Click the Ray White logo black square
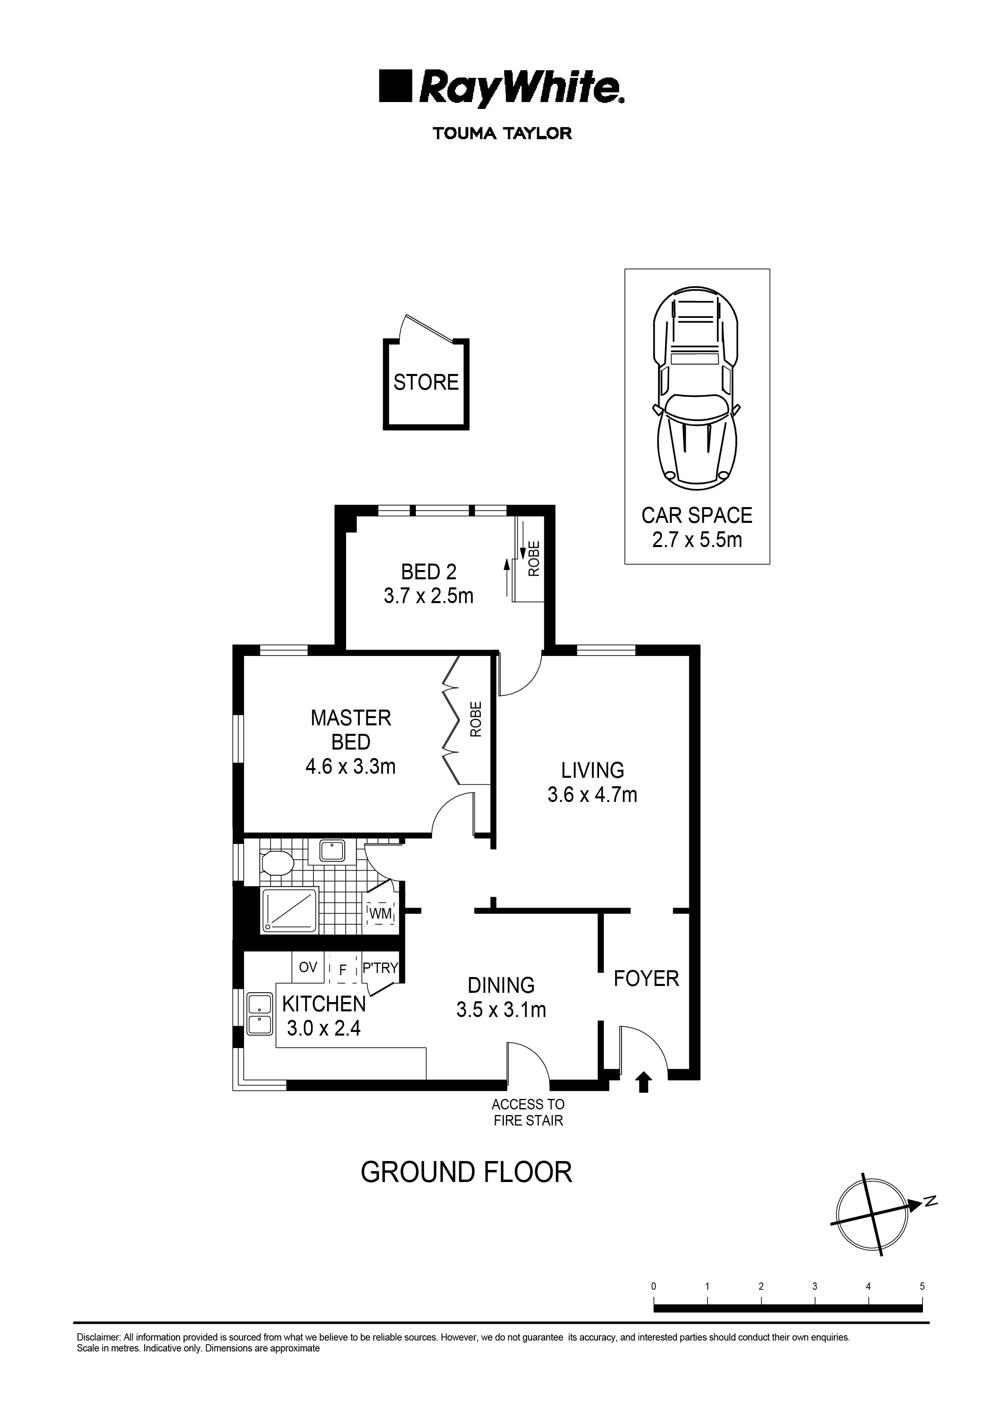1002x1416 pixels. point(395,86)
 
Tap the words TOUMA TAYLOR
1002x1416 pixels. point(502,133)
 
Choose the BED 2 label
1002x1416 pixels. point(428,572)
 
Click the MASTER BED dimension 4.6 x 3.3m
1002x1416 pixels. point(351,767)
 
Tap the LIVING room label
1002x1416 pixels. point(592,770)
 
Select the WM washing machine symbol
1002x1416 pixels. point(381,914)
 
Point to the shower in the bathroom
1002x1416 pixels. point(289,911)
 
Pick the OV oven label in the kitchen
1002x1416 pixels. point(308,967)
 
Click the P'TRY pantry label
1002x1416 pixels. point(380,969)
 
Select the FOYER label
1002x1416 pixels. point(646,979)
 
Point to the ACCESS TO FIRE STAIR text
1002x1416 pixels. point(528,1113)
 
